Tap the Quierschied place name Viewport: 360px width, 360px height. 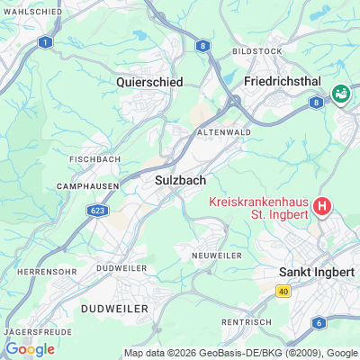click(149, 81)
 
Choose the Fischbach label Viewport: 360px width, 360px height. click(90, 159)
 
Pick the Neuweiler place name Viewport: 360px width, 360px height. click(217, 256)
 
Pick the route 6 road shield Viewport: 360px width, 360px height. click(319, 322)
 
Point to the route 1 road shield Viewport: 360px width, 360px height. click(45, 42)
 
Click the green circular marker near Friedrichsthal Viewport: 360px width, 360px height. click(342, 93)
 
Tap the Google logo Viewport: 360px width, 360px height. click(30, 349)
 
